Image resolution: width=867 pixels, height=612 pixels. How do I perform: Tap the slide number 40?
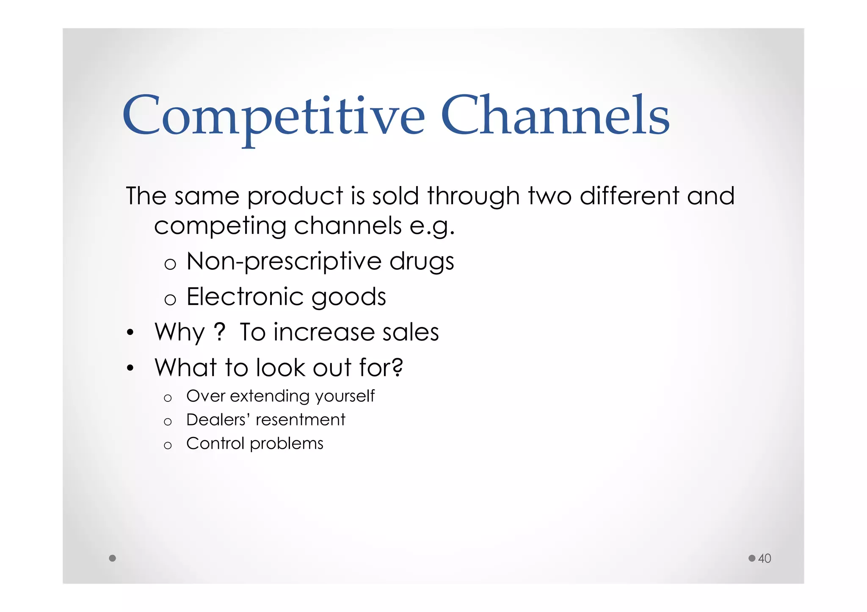click(x=764, y=558)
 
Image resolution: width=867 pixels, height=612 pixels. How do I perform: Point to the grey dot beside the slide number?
click(x=752, y=558)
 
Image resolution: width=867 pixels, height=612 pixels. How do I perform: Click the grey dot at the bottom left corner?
click(x=112, y=558)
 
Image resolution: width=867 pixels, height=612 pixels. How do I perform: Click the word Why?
click(x=179, y=332)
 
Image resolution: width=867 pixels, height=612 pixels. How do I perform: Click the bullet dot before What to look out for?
click(x=130, y=368)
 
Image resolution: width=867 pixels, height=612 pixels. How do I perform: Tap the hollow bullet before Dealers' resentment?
click(x=168, y=422)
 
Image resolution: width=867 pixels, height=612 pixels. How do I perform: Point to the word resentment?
click(x=301, y=420)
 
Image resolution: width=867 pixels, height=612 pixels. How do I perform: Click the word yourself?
click(x=344, y=397)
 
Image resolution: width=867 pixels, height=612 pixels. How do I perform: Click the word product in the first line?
click(x=295, y=197)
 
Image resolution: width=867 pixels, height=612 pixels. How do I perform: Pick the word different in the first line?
click(x=629, y=196)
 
